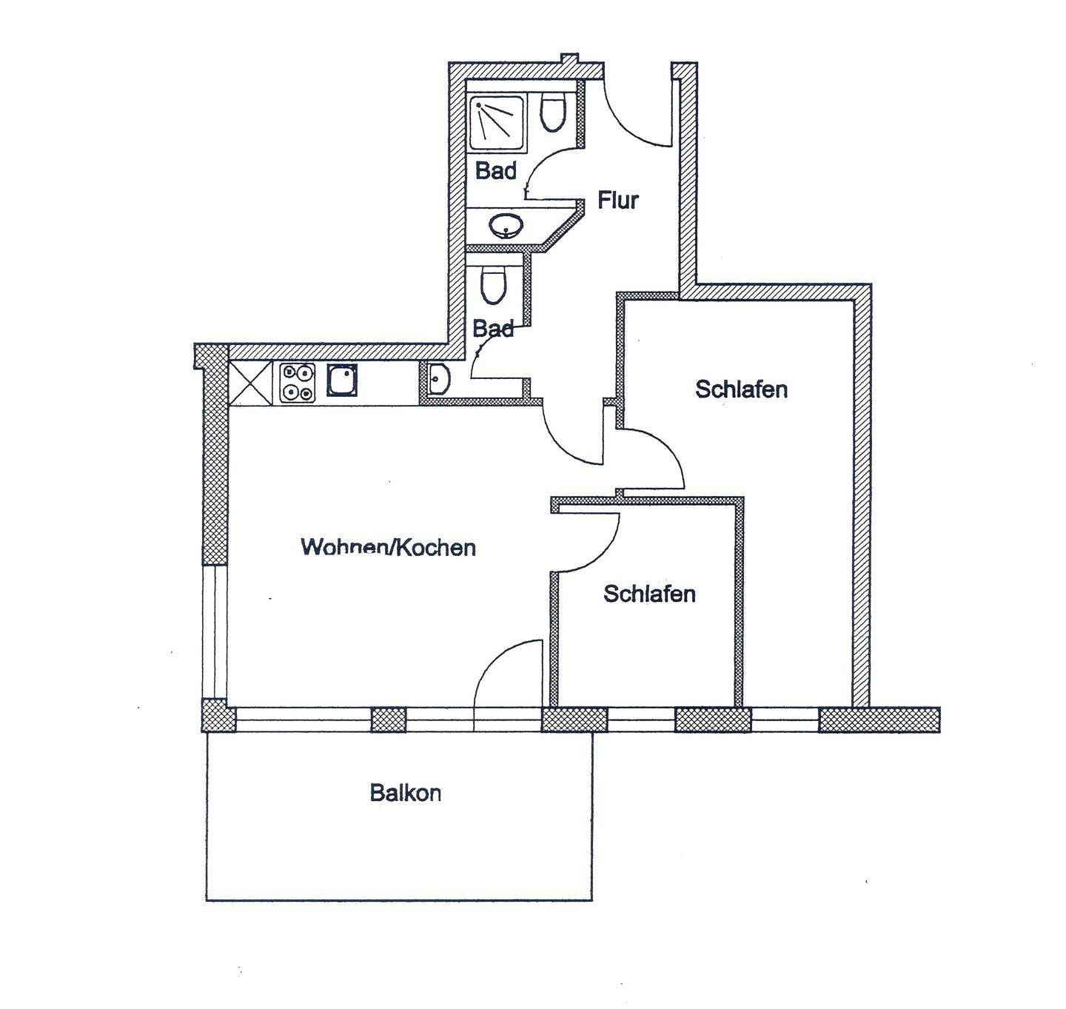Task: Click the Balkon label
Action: tap(406, 794)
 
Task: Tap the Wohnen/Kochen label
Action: tap(388, 548)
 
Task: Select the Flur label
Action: tap(618, 201)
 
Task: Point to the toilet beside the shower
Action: tap(552, 111)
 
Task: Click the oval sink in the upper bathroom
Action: tap(507, 224)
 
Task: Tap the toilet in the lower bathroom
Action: tap(494, 284)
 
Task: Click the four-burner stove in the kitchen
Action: tap(298, 383)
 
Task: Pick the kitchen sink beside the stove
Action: tap(343, 380)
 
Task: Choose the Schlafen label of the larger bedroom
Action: tap(741, 389)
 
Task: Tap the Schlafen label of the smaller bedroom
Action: tap(649, 594)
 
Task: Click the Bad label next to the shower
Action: tap(495, 171)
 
